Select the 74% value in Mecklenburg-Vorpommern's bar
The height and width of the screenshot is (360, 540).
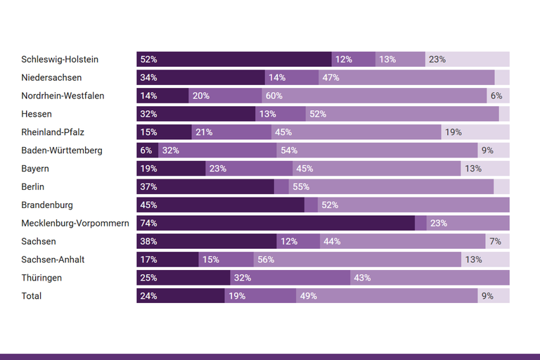tap(148, 223)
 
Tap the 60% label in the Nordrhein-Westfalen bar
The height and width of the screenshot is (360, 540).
tap(274, 96)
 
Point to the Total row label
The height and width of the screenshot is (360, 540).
tap(32, 296)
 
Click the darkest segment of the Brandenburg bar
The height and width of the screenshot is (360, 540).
tap(220, 205)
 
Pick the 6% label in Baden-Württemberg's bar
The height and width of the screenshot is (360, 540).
tap(146, 150)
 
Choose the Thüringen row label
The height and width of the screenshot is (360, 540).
tap(41, 278)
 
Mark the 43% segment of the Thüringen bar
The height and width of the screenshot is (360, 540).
tap(430, 278)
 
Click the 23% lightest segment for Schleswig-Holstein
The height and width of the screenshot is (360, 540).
tap(467, 59)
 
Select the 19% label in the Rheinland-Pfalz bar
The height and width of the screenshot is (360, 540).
tap(453, 132)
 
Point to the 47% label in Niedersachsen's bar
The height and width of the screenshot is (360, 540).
tap(331, 77)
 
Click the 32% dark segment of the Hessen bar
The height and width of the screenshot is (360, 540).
tap(195, 114)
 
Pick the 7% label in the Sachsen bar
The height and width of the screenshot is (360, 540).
tap(495, 241)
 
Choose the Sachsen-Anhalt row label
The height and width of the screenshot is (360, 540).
tap(53, 259)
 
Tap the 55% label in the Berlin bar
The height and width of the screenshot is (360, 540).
tap(300, 187)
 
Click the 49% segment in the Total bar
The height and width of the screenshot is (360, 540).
tap(387, 296)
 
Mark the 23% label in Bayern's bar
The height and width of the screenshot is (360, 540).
tap(217, 169)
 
